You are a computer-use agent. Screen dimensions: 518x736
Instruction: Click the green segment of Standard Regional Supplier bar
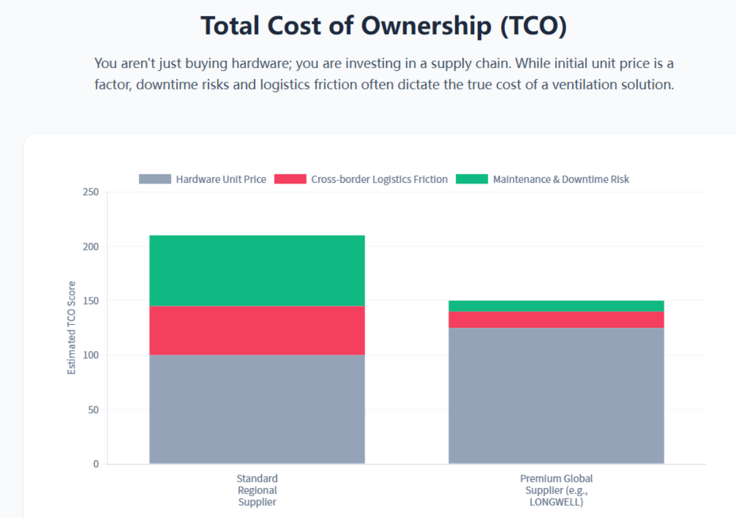tap(257, 270)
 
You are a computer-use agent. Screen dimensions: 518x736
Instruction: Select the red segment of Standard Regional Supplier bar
tap(257, 330)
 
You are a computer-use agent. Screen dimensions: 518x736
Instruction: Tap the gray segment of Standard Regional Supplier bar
tap(257, 409)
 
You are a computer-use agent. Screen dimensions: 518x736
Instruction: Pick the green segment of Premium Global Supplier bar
tap(556, 306)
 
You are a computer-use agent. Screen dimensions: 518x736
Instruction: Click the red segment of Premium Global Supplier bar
tap(556, 319)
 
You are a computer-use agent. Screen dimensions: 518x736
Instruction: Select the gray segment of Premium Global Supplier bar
tap(556, 395)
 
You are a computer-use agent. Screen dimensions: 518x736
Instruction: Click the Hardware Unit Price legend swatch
tap(155, 179)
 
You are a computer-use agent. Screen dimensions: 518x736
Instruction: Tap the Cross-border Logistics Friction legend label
tap(379, 179)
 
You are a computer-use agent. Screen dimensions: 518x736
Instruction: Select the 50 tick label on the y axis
tap(93, 409)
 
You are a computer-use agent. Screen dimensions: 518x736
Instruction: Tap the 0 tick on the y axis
tap(96, 464)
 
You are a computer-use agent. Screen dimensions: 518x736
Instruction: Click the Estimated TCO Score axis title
tap(72, 328)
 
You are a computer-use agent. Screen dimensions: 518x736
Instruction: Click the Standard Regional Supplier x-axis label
tap(257, 490)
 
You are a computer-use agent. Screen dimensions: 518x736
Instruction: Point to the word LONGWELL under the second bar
tap(556, 502)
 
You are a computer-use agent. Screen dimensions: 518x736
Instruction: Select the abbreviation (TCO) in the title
tap(532, 26)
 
